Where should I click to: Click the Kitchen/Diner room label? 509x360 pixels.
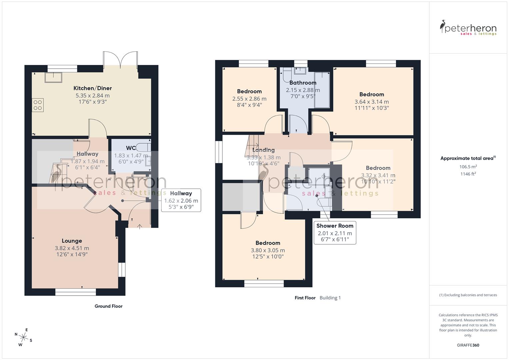point(92,88)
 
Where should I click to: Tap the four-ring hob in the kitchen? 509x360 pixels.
point(38,105)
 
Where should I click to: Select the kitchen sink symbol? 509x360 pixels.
point(54,77)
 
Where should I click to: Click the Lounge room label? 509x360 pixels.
point(72,241)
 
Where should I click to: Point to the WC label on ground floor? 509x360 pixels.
point(131,148)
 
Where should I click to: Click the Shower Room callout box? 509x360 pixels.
point(335,232)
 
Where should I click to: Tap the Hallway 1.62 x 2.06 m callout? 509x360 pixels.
point(181,200)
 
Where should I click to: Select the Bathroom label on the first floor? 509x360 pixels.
point(303,83)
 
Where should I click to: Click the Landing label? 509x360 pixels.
point(263,150)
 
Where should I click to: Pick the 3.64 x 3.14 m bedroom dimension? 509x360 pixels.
point(372,102)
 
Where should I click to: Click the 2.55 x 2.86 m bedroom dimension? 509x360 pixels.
point(249,99)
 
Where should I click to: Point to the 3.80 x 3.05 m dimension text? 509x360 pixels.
point(268,250)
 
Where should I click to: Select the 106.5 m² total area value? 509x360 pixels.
point(468,167)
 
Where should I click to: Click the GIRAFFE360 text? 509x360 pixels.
point(468,345)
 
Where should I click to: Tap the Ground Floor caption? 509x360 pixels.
point(108,306)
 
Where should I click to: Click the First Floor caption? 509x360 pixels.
point(305,298)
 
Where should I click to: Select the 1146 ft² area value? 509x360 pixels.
point(468,174)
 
